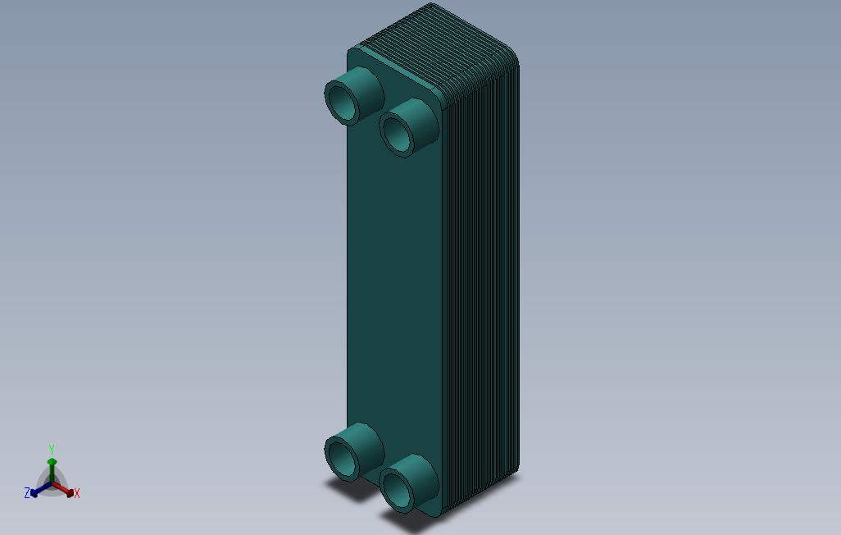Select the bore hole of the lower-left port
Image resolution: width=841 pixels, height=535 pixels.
(x=343, y=457)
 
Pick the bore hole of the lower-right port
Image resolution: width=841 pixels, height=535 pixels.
(x=398, y=488)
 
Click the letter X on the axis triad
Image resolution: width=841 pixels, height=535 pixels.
(x=77, y=494)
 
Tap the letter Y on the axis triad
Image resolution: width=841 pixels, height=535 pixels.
(x=51, y=450)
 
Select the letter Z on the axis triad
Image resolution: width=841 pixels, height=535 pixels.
(x=27, y=493)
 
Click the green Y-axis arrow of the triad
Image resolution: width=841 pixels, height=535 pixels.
(x=52, y=469)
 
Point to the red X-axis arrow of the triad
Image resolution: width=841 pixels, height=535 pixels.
(x=65, y=490)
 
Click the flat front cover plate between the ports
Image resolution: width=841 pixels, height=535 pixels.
(x=393, y=279)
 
